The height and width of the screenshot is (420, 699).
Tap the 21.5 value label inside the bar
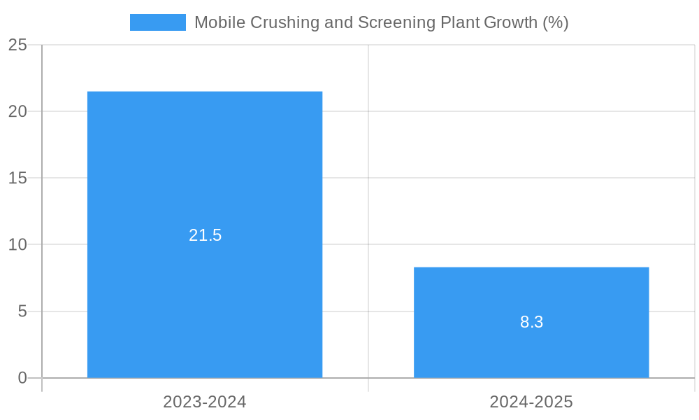(x=205, y=235)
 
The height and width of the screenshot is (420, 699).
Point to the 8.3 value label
(x=531, y=322)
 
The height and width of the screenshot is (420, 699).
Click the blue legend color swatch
(x=158, y=22)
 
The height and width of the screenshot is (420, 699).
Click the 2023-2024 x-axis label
(x=205, y=402)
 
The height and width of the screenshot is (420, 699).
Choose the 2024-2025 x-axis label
(x=531, y=402)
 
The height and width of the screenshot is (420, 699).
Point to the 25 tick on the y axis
(x=17, y=45)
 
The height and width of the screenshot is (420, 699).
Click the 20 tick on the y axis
(x=17, y=111)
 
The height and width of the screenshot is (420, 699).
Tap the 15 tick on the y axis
(x=17, y=178)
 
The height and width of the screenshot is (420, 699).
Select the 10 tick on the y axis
(x=17, y=244)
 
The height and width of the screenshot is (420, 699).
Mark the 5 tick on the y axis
(x=22, y=311)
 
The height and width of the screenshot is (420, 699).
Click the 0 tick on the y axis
(x=22, y=378)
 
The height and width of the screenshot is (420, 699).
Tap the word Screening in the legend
(x=396, y=22)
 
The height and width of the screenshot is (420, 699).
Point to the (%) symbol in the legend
(x=556, y=22)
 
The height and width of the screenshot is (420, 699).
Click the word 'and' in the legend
(x=339, y=22)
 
